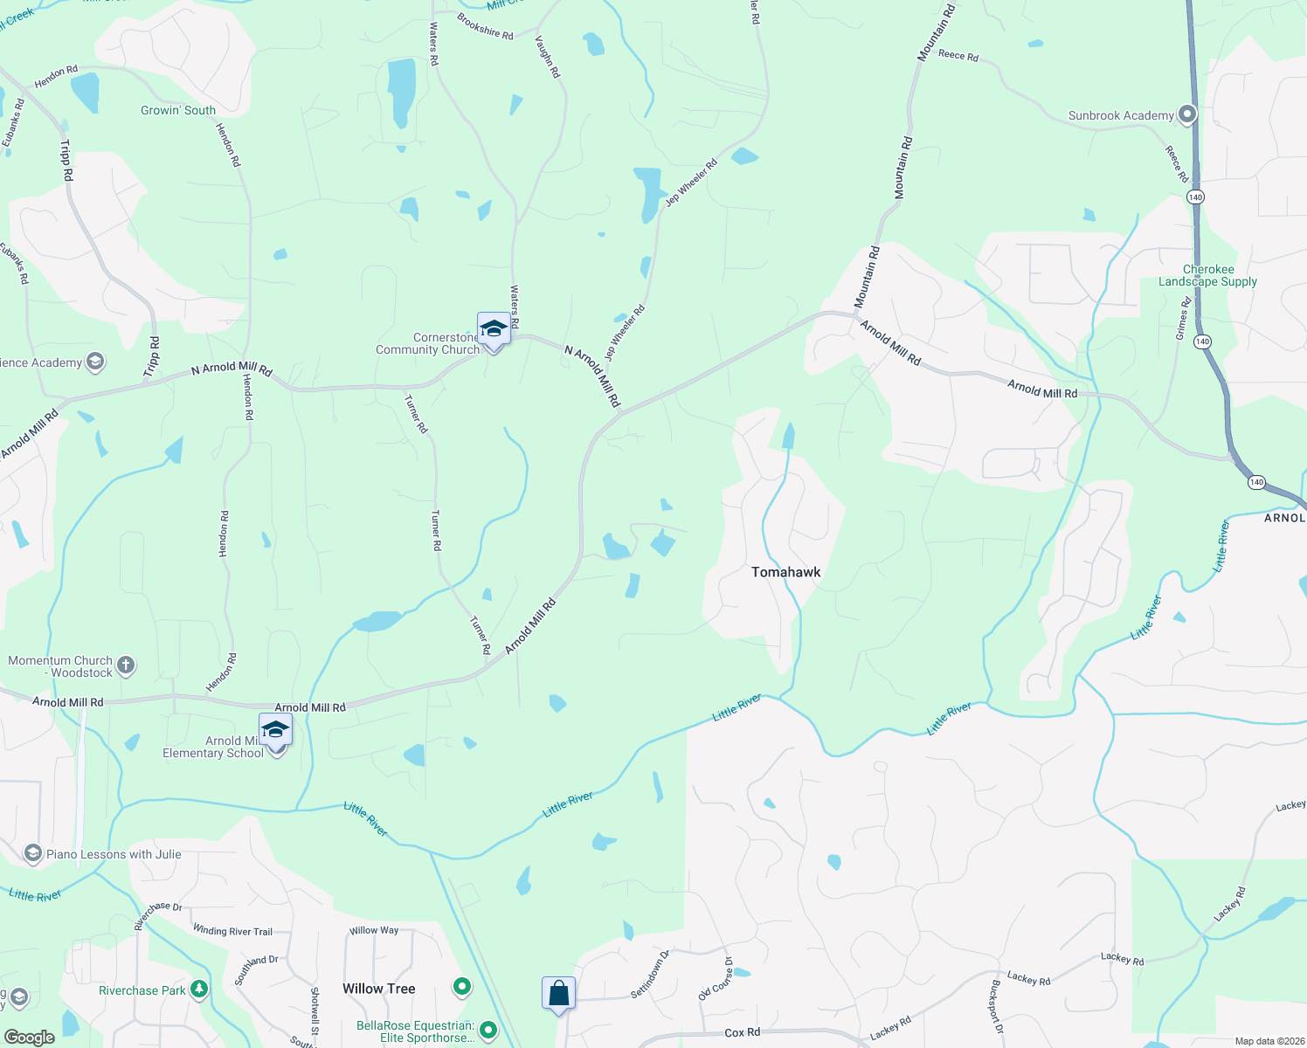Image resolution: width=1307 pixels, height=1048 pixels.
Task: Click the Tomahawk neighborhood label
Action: click(x=785, y=572)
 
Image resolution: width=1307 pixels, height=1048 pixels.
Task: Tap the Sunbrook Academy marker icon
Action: click(x=1186, y=114)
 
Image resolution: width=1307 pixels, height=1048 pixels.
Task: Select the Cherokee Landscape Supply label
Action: click(x=1207, y=276)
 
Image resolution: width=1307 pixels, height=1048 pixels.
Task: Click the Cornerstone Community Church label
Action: click(x=427, y=344)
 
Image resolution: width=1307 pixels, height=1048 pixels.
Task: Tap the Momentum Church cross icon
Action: click(x=126, y=666)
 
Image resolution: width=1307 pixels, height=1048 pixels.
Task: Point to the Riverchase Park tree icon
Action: click(x=200, y=989)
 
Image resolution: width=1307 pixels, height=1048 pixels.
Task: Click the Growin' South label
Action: click(x=178, y=110)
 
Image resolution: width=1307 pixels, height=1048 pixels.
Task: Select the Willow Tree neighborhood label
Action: click(x=378, y=989)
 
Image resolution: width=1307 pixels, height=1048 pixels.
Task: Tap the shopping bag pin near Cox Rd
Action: click(x=558, y=994)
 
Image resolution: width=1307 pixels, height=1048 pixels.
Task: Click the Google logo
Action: click(x=30, y=1038)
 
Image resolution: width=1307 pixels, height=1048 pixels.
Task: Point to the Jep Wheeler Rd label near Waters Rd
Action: click(x=625, y=332)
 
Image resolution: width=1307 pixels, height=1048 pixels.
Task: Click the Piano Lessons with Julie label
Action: click(x=114, y=854)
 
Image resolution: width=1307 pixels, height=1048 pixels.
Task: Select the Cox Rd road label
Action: click(x=742, y=1032)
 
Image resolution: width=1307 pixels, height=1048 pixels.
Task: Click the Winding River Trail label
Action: click(x=232, y=931)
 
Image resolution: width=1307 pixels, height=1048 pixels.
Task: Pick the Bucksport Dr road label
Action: click(x=995, y=1006)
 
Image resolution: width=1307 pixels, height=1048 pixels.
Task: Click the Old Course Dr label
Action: click(x=716, y=979)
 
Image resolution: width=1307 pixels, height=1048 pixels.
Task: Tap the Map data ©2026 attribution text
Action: click(x=1267, y=1041)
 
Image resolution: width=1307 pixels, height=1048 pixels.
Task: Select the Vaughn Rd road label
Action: click(x=547, y=57)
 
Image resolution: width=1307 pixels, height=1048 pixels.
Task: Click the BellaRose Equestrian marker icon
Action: click(x=488, y=1031)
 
